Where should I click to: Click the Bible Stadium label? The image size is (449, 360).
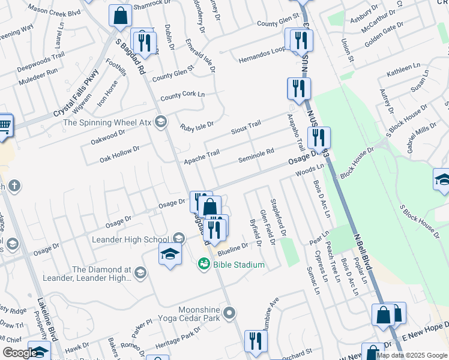click(x=240, y=265)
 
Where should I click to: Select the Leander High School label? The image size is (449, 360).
click(x=130, y=240)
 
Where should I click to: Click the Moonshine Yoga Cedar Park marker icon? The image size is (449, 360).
click(x=228, y=312)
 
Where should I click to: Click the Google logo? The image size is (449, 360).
click(x=19, y=353)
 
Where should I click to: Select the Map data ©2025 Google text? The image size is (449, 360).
click(x=412, y=355)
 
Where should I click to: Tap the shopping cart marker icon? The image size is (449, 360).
click(x=4, y=125)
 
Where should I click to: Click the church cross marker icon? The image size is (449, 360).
click(x=14, y=186)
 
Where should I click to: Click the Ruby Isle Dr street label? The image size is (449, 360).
click(x=197, y=126)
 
